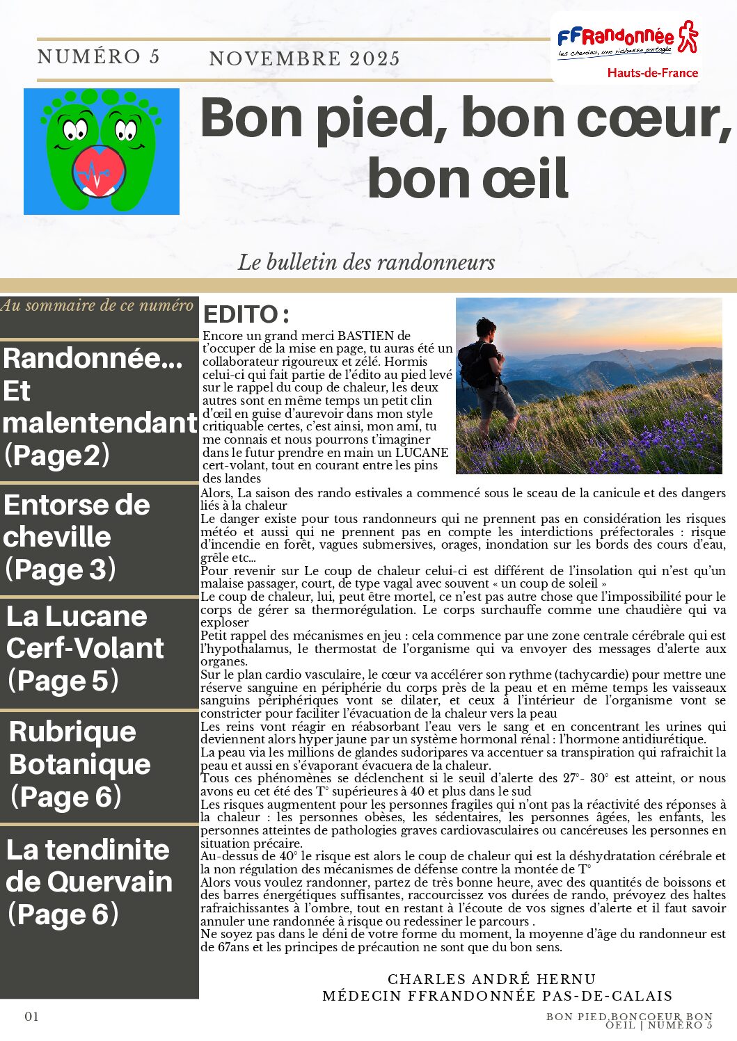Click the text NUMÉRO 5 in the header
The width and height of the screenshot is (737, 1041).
click(x=99, y=57)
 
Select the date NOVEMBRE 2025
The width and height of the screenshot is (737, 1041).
click(x=304, y=59)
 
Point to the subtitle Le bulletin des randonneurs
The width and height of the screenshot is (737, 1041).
click(x=366, y=262)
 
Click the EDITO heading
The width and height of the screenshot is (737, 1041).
click(x=246, y=314)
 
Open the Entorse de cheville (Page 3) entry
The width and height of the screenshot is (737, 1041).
click(x=77, y=537)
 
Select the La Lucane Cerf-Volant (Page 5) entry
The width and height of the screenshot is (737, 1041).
click(x=85, y=648)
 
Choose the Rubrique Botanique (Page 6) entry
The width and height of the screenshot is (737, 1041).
click(x=79, y=764)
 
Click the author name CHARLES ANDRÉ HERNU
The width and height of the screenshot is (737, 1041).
click(x=491, y=979)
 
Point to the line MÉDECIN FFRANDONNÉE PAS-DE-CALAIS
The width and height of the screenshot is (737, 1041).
click(x=497, y=996)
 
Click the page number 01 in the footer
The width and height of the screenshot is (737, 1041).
click(x=32, y=1017)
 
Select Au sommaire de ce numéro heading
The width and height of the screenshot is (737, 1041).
click(x=97, y=305)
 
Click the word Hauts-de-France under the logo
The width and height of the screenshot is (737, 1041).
click(x=652, y=72)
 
